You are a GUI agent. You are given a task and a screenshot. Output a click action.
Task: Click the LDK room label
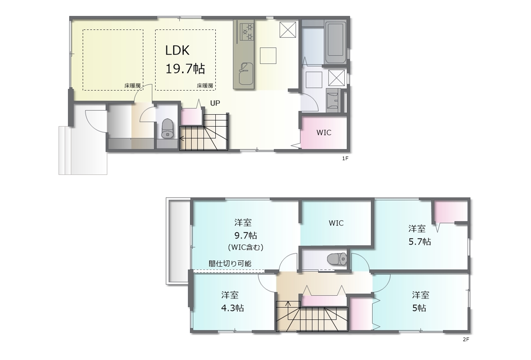tap(177, 51)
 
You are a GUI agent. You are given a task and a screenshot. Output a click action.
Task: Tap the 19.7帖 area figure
tap(185, 69)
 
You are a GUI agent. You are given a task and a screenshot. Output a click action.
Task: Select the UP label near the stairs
tap(215, 103)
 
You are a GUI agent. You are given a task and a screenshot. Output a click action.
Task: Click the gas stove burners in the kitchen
tap(247, 32)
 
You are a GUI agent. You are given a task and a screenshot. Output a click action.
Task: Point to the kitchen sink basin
tap(246, 74)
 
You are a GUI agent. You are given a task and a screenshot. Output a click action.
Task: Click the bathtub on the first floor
tap(335, 42)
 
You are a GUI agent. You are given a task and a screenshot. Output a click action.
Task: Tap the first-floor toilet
tap(167, 128)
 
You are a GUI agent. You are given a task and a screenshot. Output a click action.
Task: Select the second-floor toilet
tap(337, 259)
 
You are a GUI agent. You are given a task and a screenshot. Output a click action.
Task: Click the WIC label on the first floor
tap(324, 132)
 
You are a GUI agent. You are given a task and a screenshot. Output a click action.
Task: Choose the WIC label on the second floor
tap(336, 223)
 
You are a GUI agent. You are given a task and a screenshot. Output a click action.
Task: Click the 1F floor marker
tap(345, 159)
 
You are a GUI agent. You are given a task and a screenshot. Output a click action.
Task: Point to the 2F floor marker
tap(466, 340)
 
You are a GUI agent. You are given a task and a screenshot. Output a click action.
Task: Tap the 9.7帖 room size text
tap(246, 236)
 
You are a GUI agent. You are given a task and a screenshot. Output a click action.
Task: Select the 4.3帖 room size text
tap(232, 308)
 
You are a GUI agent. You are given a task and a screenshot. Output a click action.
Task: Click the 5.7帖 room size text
tap(419, 242)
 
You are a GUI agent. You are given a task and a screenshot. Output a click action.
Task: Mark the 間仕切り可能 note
tap(230, 264)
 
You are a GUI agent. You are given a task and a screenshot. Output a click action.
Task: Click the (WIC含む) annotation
tap(246, 247)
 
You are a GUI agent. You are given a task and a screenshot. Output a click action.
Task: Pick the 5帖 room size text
tap(419, 308)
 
